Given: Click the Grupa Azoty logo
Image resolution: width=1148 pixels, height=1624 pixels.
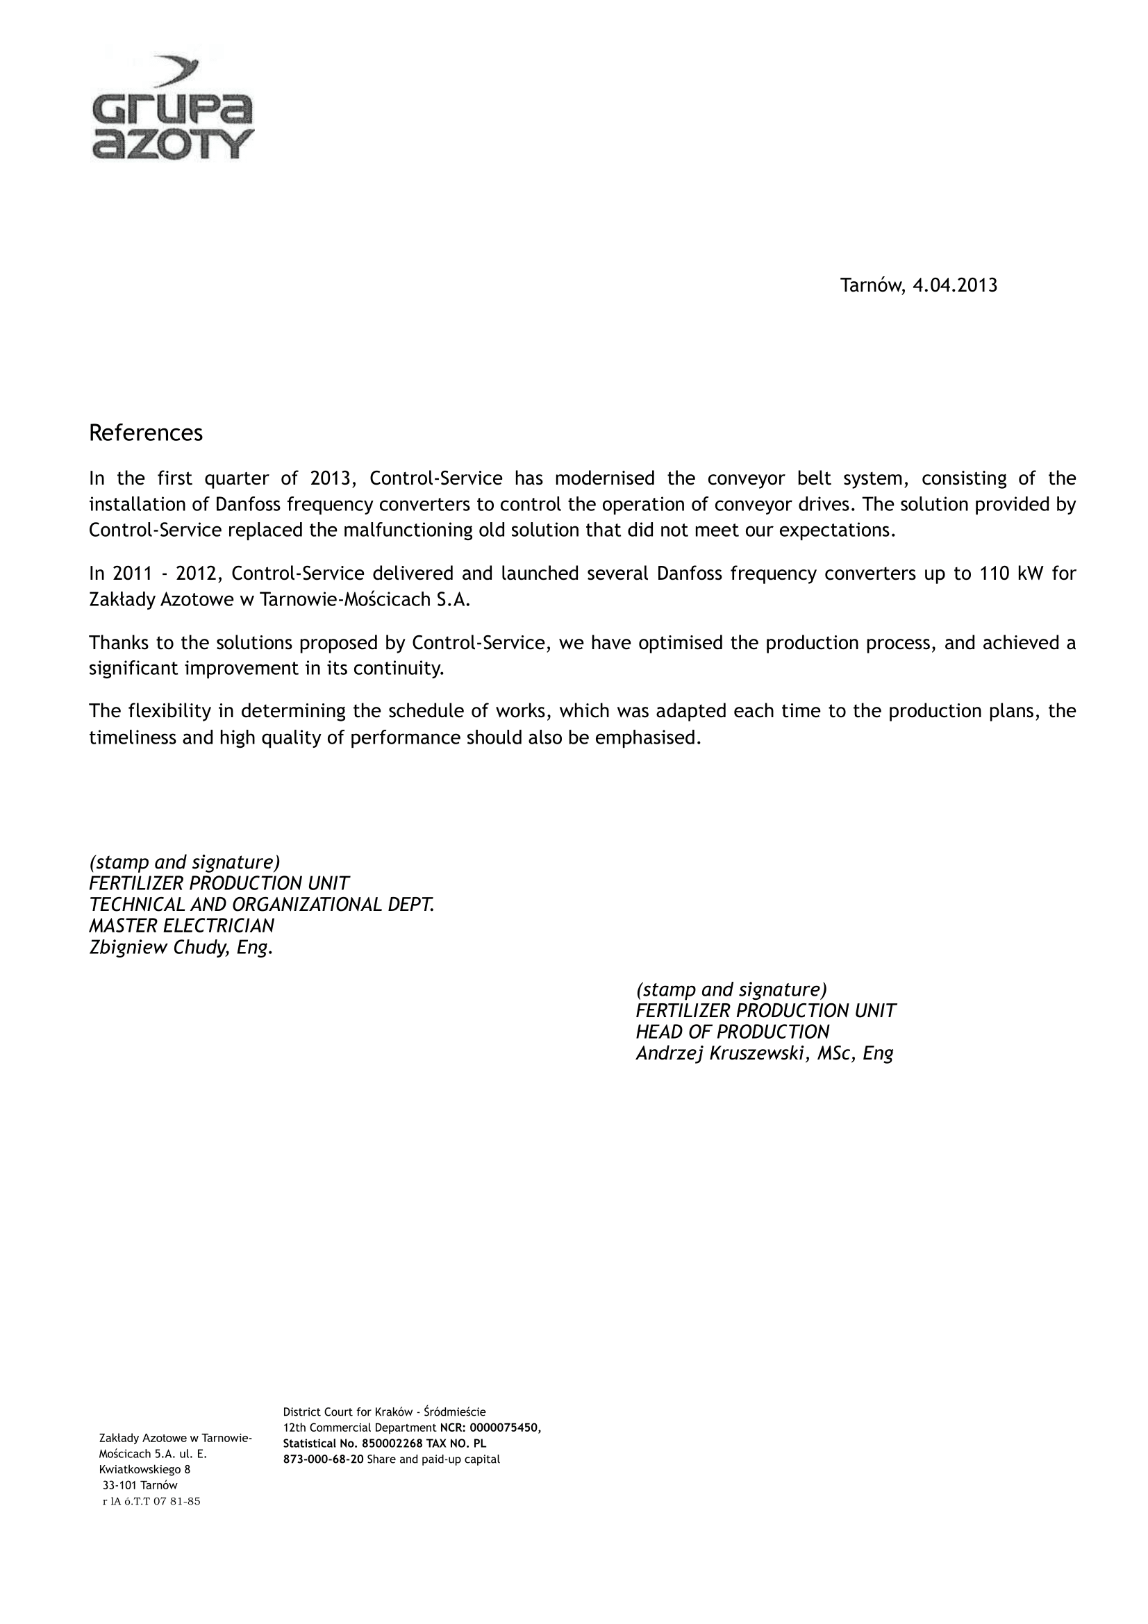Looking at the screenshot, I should (x=172, y=108).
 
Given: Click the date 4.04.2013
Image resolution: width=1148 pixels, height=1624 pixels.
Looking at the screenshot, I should (x=955, y=286).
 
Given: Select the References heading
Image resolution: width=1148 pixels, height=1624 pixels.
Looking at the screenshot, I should (x=146, y=433).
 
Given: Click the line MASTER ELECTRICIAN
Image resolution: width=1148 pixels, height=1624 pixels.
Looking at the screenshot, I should (x=182, y=926).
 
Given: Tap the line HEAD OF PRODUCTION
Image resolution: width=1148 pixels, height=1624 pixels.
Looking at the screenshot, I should (x=733, y=1032).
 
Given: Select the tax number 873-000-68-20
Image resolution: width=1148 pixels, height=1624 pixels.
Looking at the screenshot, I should (x=323, y=1459).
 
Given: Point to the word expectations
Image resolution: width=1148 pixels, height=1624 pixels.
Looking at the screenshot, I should (x=837, y=530).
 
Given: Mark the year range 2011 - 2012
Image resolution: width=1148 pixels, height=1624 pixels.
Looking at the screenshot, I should (x=156, y=574).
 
